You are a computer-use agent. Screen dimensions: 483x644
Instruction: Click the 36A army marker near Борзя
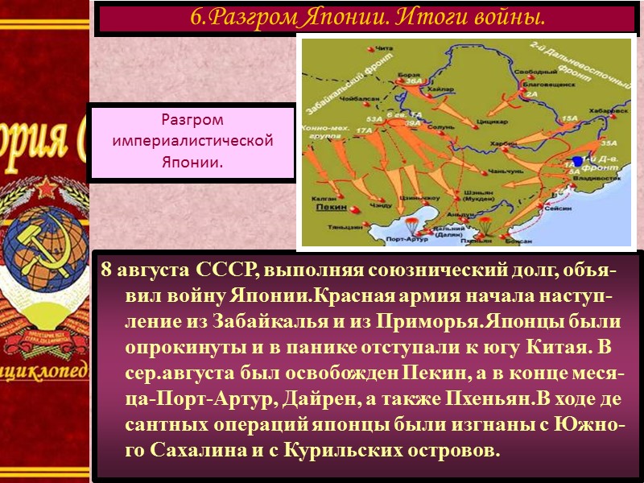tap(414, 80)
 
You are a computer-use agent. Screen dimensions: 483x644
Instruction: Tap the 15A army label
tap(570, 118)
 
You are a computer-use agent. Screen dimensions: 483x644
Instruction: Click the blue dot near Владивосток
tap(577, 161)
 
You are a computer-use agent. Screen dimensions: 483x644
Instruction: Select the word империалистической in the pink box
tap(192, 141)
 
